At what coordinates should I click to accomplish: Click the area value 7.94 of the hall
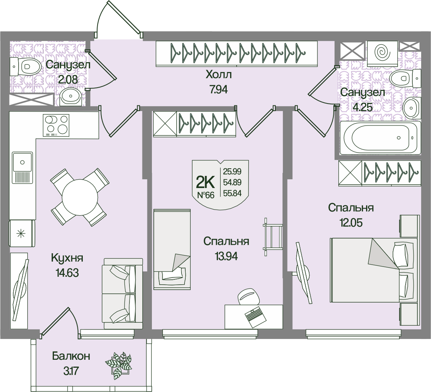coord(218,91)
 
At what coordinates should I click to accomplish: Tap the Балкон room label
coord(71,356)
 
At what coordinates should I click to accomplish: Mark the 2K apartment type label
coord(205,183)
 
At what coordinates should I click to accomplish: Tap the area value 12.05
coord(351,223)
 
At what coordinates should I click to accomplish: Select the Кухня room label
coord(67,258)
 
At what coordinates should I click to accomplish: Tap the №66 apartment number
coord(205,195)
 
